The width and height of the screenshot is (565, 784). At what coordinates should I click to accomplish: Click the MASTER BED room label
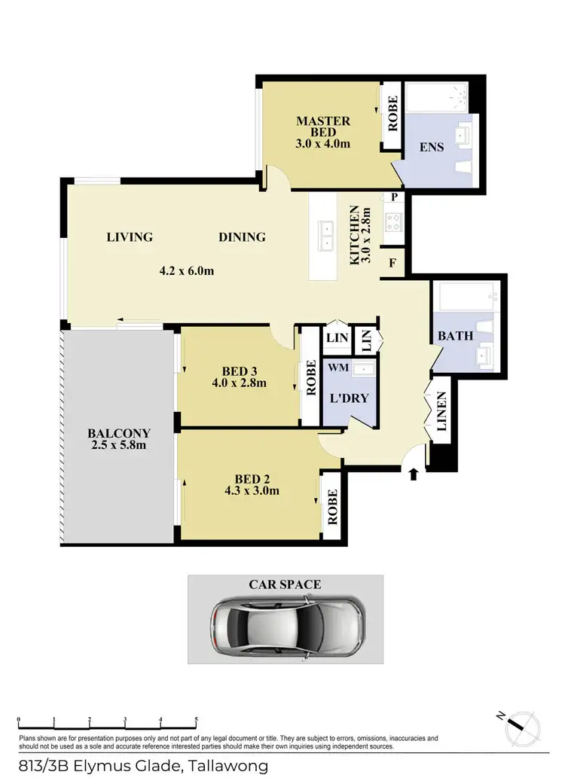point(322,127)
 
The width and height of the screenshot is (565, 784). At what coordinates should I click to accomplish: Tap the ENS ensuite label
point(432,148)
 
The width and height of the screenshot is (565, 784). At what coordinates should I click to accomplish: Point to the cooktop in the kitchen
point(393,221)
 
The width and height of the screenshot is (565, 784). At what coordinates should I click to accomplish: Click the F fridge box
point(392,264)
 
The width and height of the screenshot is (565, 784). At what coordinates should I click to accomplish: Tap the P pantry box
point(393,197)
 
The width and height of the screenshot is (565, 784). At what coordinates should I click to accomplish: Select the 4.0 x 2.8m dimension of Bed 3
point(240,383)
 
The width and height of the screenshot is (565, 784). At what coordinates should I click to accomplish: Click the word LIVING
point(130,236)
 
